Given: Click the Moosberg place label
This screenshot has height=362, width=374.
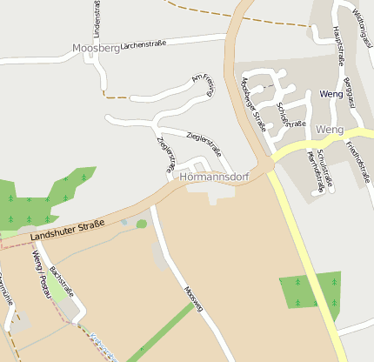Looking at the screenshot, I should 95,49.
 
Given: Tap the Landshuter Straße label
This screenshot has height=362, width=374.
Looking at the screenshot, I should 66,230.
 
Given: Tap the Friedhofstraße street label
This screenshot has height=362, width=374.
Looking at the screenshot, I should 357,160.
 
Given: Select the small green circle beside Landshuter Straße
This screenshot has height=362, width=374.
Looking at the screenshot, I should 142,225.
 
